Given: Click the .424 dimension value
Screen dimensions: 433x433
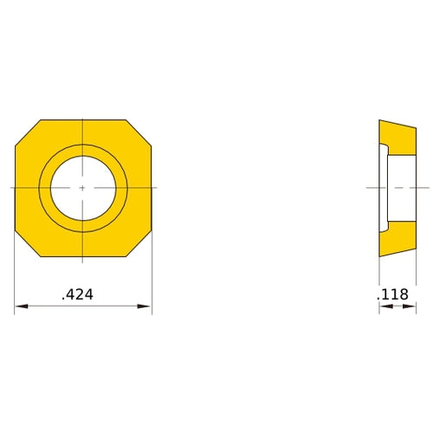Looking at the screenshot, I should coord(78,294).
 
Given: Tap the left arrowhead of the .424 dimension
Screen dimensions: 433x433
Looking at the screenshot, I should coord(19,306).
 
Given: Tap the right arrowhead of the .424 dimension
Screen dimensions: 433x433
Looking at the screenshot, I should coord(147,306).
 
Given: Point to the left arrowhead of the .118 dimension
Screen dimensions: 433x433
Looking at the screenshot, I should coord(382,306).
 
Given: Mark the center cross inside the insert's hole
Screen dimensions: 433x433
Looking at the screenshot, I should coord(82,187).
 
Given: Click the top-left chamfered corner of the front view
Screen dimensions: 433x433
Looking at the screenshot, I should coord(27,132).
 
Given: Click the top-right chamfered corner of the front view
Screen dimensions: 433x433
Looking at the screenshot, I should coord(139,132).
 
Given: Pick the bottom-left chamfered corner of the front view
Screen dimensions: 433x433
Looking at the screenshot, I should coord(27,243).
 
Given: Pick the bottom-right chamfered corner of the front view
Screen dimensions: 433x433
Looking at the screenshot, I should coord(139,243).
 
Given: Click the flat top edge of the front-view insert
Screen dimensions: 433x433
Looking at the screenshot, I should coord(82,120).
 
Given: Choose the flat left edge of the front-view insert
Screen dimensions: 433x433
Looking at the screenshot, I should coord(16,187).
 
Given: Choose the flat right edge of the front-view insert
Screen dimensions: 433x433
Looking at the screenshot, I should coord(152,187).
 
